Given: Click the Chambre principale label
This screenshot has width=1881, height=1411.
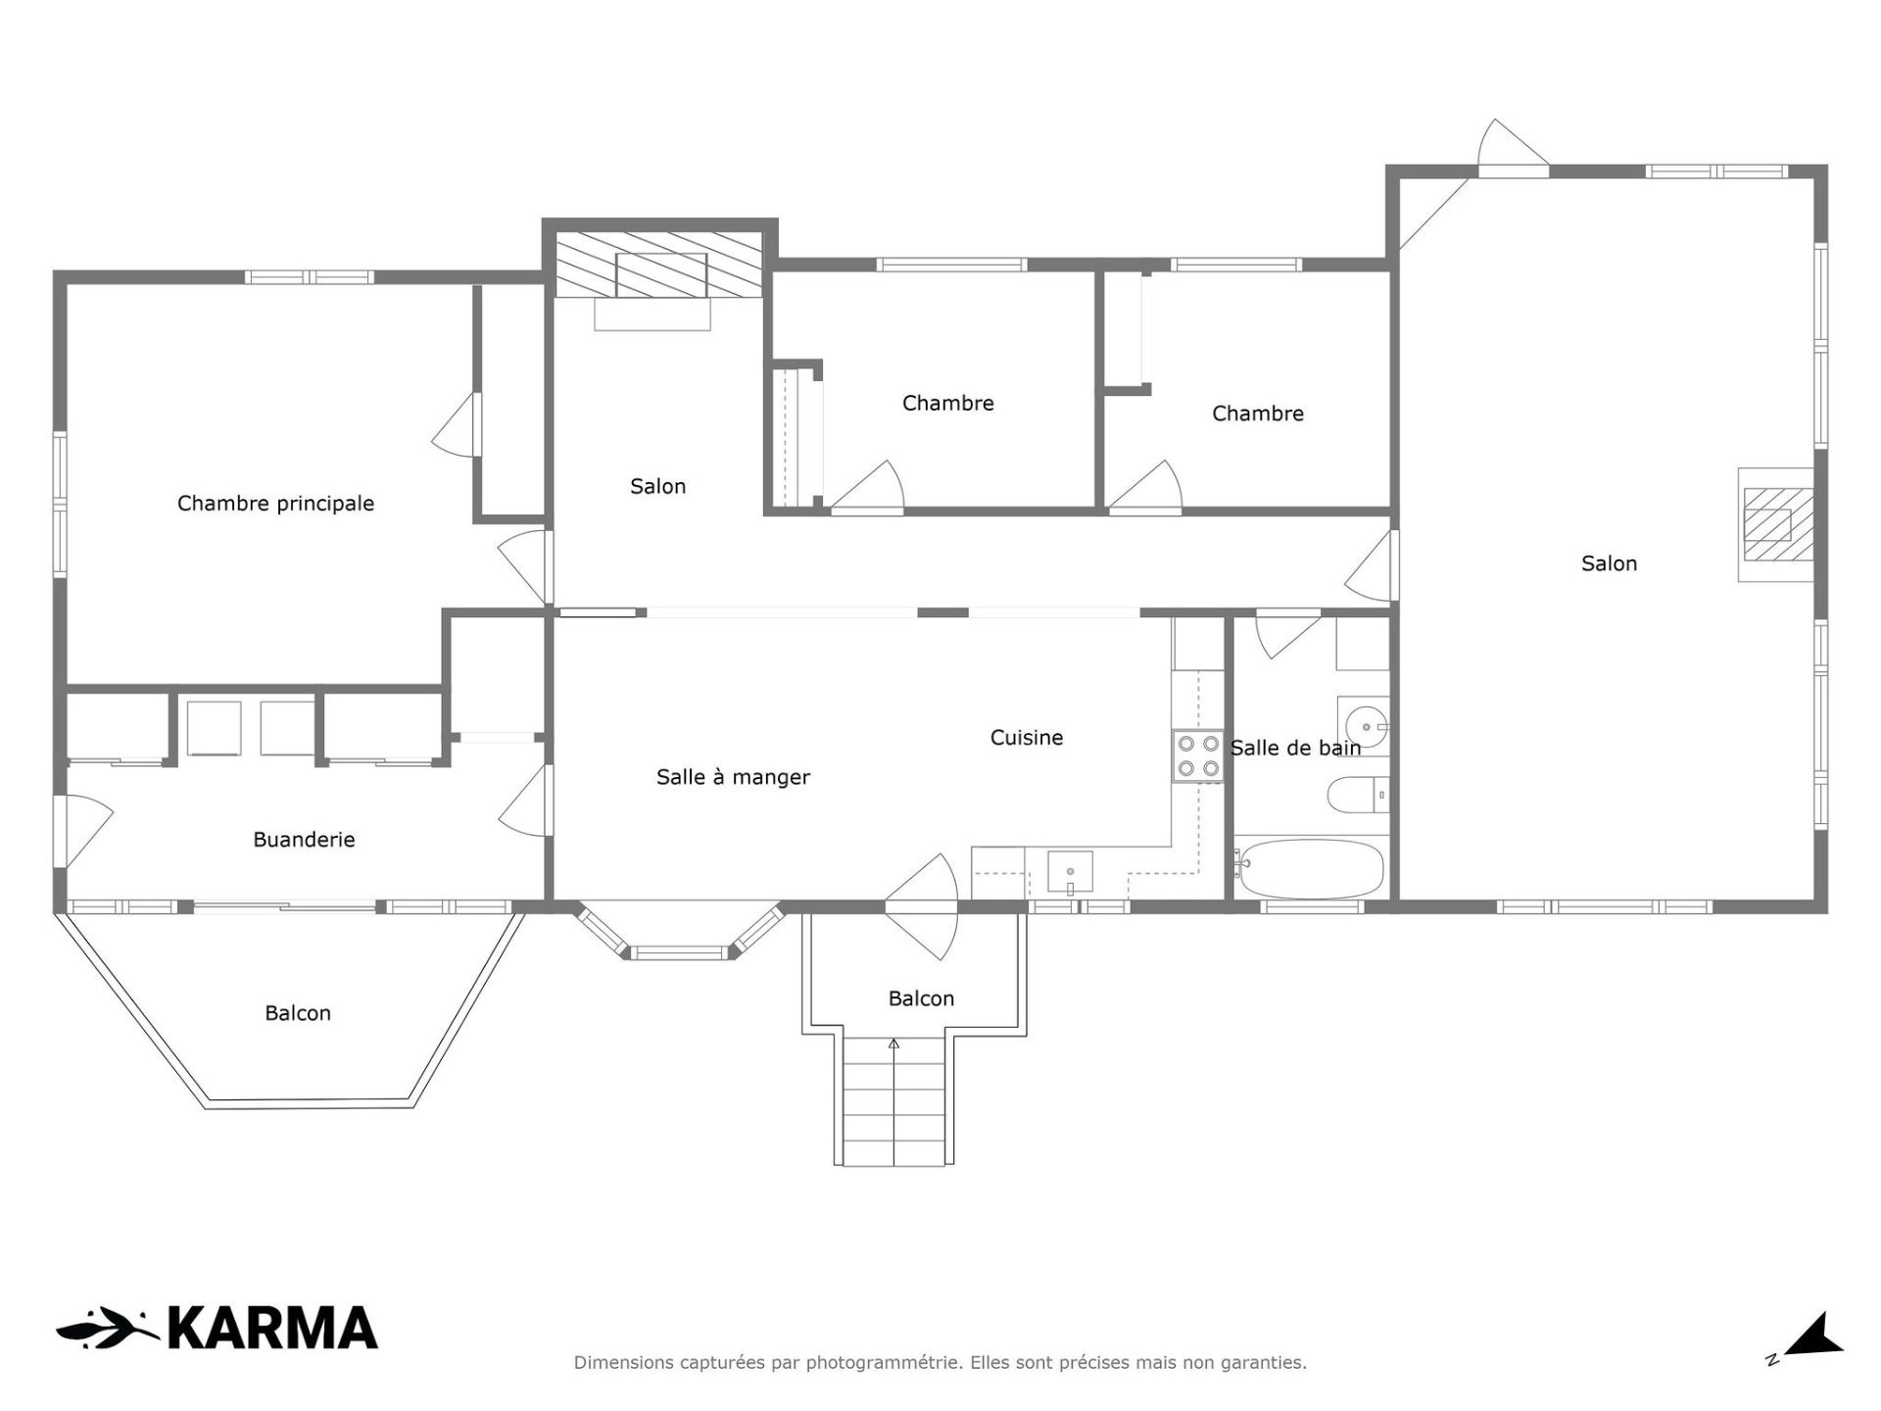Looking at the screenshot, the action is [275, 504].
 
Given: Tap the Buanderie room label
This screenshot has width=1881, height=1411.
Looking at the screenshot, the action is [304, 840].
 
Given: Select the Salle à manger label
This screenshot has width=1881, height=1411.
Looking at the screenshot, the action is [733, 778].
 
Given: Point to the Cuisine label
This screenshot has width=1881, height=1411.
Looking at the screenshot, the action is [1027, 738].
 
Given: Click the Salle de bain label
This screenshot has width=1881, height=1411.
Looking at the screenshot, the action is [1295, 749].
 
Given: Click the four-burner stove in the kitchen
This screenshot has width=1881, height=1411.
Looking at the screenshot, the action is [1198, 756].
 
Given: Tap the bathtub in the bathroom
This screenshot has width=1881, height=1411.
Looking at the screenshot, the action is [1309, 868].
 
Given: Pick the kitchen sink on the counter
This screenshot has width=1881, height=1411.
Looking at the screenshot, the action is [1070, 872].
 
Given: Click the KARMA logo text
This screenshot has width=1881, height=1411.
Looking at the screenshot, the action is [272, 1329].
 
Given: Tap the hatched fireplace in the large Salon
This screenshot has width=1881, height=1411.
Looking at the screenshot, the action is [1771, 525].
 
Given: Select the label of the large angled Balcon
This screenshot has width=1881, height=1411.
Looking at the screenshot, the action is [298, 1013].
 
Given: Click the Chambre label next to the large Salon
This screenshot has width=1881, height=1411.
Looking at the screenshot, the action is [1258, 414].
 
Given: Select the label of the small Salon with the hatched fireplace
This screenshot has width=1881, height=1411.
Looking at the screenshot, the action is [657, 487].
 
